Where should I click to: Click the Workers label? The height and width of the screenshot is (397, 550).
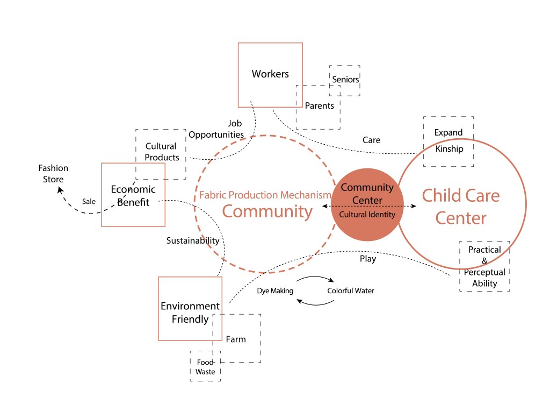pos(270,74)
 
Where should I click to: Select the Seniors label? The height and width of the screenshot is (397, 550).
pos(345,80)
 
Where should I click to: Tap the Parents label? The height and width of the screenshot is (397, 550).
pos(319,105)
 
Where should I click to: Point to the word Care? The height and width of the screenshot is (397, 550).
pos(372,140)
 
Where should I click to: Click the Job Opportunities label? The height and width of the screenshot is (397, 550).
pos(216,129)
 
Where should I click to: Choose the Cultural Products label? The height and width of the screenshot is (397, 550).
pos(162,152)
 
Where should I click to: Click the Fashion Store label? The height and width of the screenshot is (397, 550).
pos(53,174)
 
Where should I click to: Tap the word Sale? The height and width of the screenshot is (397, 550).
pos(89,201)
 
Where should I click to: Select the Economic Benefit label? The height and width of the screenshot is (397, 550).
pos(133,196)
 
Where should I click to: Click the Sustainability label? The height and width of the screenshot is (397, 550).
pos(193,240)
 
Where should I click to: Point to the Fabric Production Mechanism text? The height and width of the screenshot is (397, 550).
pos(265,195)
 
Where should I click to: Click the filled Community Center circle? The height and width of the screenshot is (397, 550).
pos(367,204)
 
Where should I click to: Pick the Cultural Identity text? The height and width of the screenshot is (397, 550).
pos(367,214)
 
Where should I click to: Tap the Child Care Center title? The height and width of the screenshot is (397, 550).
pos(461,207)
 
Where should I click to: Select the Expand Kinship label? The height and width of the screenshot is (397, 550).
pos(448,140)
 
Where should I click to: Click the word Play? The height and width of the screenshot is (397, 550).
pos(368,259)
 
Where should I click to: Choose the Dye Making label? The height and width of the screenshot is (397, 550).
pos(275,291)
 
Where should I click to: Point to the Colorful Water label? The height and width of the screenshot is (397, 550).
pos(351,290)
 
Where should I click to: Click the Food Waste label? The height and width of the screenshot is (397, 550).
pos(205,367)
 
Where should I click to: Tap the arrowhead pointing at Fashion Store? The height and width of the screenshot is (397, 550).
pos(60,190)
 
